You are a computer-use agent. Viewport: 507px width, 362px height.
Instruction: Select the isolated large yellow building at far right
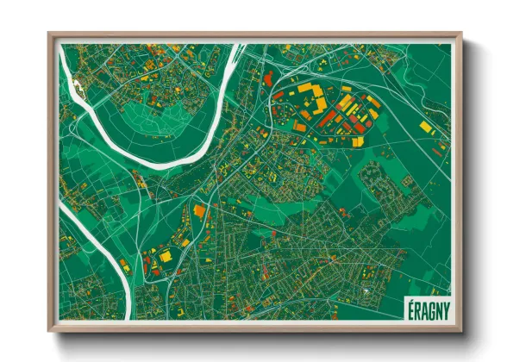[425, 127]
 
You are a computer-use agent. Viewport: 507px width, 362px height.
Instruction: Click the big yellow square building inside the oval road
[166, 256]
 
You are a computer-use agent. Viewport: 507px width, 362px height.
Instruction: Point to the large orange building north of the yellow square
[200, 210]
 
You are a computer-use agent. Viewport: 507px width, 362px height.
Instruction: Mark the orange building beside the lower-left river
[124, 265]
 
